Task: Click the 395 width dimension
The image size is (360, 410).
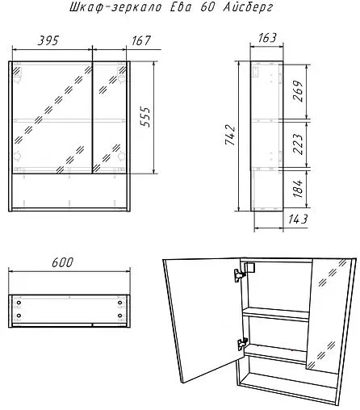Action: tap(48, 40)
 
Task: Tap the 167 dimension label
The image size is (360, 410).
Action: tap(141, 40)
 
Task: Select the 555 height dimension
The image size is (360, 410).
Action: tap(145, 117)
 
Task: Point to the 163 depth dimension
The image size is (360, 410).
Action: tap(266, 38)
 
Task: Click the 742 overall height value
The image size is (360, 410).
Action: tap(230, 135)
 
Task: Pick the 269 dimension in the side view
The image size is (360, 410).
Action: tap(298, 91)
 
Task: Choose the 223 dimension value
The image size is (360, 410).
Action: tap(298, 144)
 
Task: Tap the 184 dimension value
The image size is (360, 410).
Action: tap(298, 188)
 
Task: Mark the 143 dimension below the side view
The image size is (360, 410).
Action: tap(298, 220)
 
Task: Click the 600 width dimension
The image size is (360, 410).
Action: tap(62, 262)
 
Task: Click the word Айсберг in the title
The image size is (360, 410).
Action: tap(248, 7)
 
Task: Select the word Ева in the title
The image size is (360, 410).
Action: tap(181, 7)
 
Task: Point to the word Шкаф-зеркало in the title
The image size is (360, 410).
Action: tap(115, 7)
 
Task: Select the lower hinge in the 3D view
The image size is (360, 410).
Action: tap(242, 344)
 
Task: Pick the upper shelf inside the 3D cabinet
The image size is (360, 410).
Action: tap(276, 314)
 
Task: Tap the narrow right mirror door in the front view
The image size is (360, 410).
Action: tap(110, 118)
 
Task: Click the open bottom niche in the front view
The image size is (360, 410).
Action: tap(69, 190)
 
